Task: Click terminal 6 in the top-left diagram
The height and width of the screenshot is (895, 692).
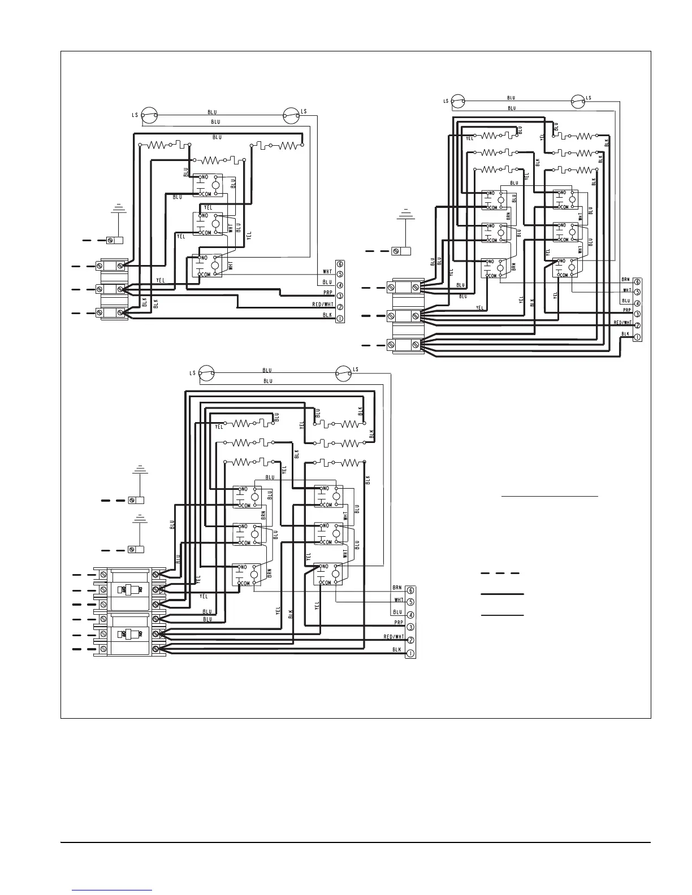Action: [340, 263]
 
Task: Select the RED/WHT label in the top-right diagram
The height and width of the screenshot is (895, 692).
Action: [622, 323]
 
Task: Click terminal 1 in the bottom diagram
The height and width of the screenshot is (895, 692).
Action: [411, 653]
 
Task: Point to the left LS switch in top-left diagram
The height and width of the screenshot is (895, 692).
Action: [149, 115]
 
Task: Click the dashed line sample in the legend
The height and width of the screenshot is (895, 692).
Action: [500, 573]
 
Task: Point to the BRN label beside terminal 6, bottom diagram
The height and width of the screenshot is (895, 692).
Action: [398, 588]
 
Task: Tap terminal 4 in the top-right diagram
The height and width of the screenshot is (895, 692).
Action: [637, 303]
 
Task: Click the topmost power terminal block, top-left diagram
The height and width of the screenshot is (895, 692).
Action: [113, 266]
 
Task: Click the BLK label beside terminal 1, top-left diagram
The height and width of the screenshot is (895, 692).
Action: [327, 315]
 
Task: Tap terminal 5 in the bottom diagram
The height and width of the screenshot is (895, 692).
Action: [411, 602]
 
